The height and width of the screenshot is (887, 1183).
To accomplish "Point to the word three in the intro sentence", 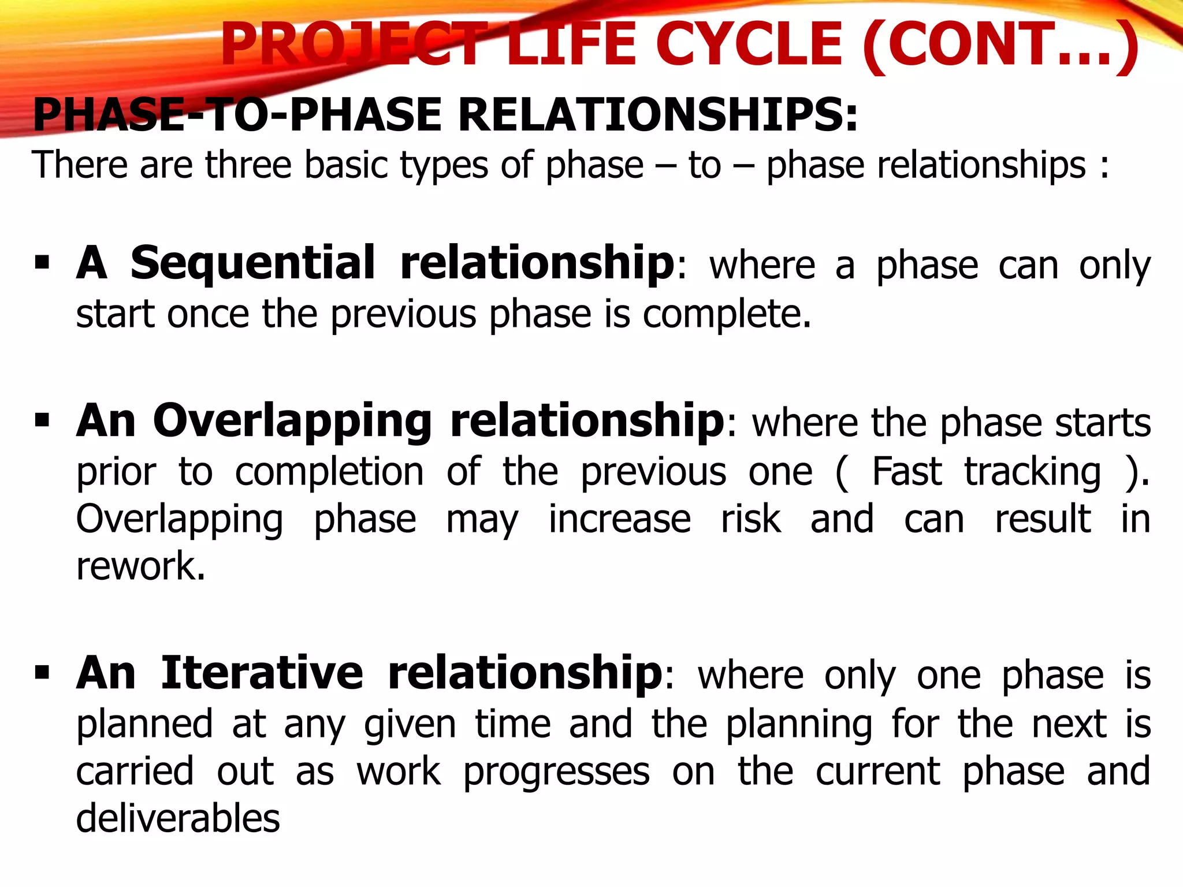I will pos(248,165).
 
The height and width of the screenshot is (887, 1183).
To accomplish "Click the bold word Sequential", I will pos(252,263).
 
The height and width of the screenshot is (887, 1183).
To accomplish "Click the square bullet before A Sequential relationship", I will pos(42,263).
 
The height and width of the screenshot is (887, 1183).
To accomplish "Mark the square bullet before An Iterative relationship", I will pos(42,672).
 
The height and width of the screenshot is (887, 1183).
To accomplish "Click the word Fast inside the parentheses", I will pos(907,472).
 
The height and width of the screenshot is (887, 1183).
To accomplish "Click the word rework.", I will pos(140,567).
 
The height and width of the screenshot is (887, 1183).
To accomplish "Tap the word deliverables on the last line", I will pos(178,819).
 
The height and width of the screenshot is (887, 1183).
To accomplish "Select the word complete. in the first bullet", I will pos(727,315).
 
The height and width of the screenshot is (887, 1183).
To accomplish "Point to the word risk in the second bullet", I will pos(751,519).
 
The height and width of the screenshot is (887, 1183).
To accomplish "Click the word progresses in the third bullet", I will pos(556,773).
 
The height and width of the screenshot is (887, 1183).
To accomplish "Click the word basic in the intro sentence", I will pos(345,165).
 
